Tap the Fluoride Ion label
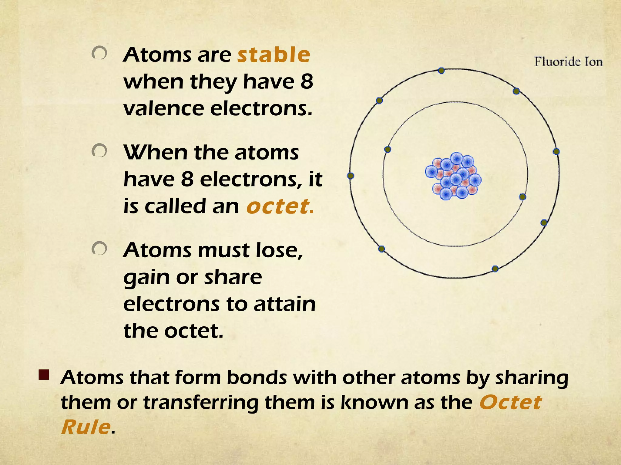tap(568, 62)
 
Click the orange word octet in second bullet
tap(278, 206)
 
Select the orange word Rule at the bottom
tap(86, 427)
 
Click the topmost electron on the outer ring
tap(441, 71)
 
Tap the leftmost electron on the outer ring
tap(351, 176)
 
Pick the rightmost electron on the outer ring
tap(556, 151)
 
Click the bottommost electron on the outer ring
tap(495, 269)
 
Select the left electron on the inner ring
tap(388, 149)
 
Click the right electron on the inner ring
tap(522, 197)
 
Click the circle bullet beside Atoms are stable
tap(99, 54)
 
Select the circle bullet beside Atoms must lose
tap(99, 249)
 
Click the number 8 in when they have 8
tap(307, 82)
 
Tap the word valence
tap(164, 109)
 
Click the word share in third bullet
tap(233, 277)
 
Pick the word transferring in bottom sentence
tap(201, 403)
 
